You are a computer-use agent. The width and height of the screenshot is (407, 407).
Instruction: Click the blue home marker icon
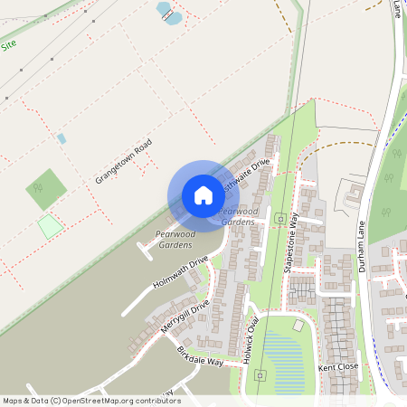[203, 194]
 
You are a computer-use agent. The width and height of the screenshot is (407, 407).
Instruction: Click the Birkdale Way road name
[200, 355]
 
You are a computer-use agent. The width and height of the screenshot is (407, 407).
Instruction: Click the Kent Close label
[339, 368]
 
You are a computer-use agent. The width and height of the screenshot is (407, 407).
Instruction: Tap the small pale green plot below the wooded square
[50, 226]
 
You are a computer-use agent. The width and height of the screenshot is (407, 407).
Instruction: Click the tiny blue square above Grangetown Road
[62, 138]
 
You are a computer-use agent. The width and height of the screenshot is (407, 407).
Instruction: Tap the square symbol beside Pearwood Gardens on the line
[281, 218]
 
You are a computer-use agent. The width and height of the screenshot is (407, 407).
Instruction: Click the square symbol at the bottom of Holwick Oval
[260, 374]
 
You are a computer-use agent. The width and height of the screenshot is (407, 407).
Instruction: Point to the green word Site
[9, 44]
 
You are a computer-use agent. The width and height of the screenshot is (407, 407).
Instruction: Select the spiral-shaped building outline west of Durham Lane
[354, 193]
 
